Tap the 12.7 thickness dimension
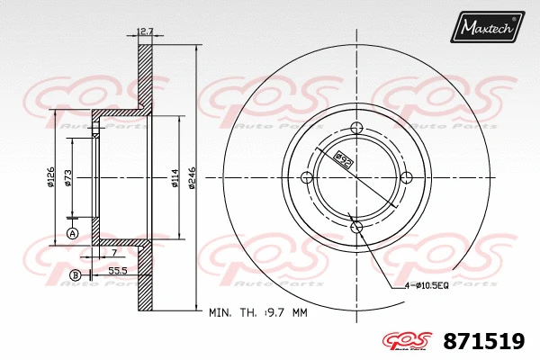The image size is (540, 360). pyautogui.click(x=144, y=32)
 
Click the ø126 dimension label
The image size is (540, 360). pyautogui.click(x=51, y=177)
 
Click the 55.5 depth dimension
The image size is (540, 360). pyautogui.click(x=116, y=269)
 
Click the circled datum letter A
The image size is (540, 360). pyautogui.click(x=73, y=234)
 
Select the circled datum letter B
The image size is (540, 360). pyautogui.click(x=76, y=274)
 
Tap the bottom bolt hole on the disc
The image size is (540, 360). pyautogui.click(x=355, y=226)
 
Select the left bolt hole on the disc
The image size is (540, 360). pyautogui.click(x=306, y=176)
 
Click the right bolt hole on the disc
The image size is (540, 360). pyautogui.click(x=406, y=176)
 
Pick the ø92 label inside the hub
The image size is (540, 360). pyautogui.click(x=343, y=160)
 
